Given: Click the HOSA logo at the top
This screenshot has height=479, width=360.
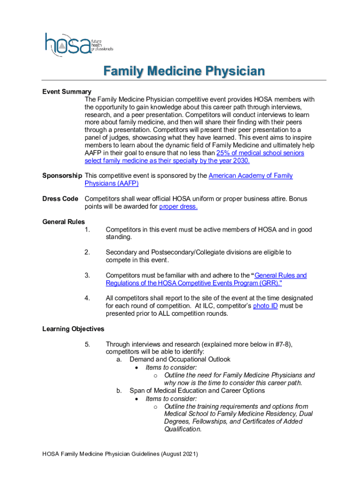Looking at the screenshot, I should click(78, 44).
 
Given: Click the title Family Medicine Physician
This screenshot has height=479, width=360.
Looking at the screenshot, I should click(184, 72).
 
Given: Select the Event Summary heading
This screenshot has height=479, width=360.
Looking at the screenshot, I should click(67, 92).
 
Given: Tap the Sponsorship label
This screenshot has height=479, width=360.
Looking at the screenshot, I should click(62, 176).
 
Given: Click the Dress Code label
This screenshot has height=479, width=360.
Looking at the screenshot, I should click(60, 199).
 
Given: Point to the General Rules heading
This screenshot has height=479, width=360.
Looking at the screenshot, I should click(64, 222).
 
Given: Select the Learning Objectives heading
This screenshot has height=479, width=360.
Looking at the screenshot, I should click(73, 329).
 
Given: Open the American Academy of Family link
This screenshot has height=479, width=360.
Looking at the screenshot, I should click(251, 176).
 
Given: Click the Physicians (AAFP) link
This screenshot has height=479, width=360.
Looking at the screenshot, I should click(111, 183).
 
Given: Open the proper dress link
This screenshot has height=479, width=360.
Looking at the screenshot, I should click(178, 207).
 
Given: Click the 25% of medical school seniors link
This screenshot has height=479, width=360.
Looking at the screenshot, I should click(260, 153).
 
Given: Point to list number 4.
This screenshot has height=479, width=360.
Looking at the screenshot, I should click(87, 298).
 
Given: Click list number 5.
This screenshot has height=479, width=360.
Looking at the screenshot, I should click(87, 345).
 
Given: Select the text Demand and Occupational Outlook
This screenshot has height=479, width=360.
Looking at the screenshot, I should click(180, 360).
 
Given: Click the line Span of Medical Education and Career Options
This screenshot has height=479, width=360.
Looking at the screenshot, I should click(197, 391).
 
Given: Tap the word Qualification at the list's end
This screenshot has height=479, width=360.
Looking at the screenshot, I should click(182, 429).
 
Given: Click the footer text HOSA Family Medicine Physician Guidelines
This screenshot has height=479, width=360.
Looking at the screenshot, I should click(120, 454).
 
